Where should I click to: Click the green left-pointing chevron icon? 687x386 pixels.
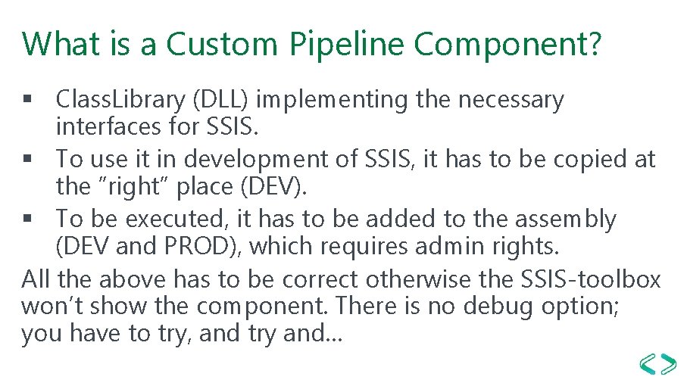coord(648,364)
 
